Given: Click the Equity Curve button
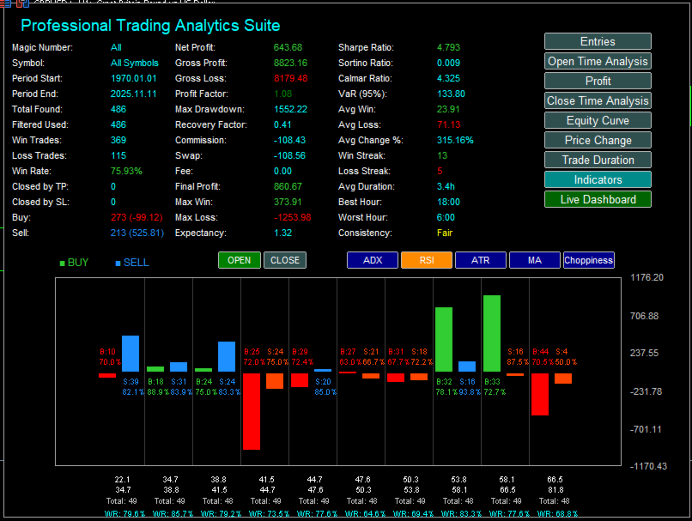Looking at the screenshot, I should coord(598,120).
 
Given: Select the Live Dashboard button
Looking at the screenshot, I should coord(598,199).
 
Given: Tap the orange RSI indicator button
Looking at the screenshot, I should coord(426,260).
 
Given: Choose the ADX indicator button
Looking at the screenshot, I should coord(373,260).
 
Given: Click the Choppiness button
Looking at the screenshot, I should coord(589,260).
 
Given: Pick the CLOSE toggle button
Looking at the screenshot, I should coord(285,260).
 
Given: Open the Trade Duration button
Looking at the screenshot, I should coord(598,160).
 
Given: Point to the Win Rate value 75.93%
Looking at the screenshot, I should coord(126,171).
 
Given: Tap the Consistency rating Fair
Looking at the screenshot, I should coord(445,233).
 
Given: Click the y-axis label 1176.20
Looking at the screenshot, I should coord(647,278).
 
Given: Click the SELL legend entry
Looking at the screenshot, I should coord(136,263).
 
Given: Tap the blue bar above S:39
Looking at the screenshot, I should coord(131,353).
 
